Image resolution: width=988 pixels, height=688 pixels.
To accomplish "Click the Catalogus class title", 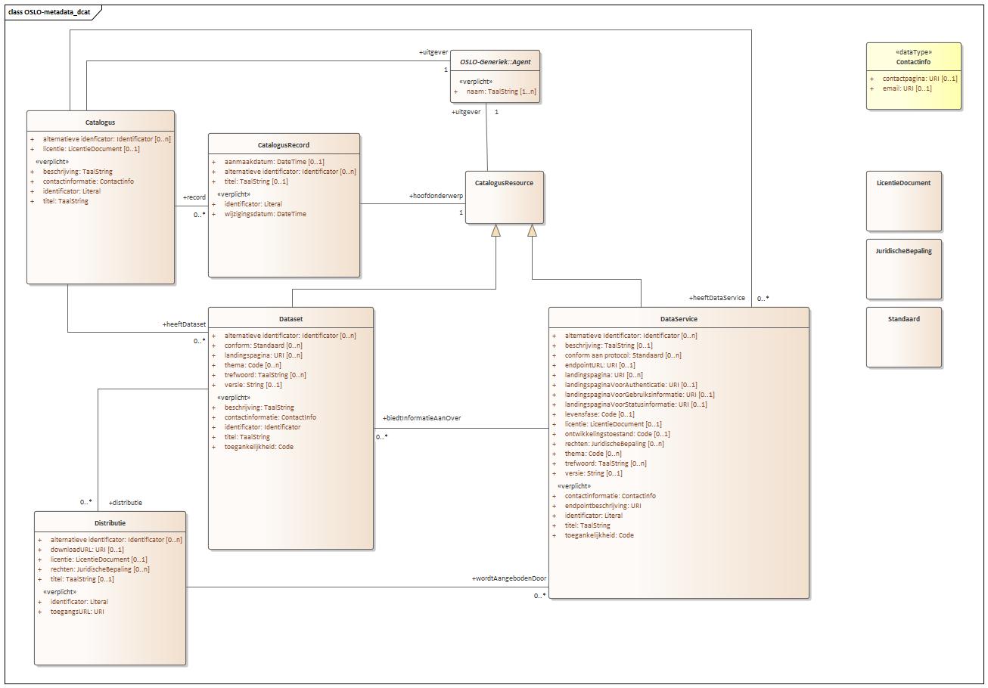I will point(100,122).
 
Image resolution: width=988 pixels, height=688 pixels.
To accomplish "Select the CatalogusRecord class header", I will point(284,145).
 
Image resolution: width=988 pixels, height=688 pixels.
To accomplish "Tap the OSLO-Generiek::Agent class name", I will point(496,62).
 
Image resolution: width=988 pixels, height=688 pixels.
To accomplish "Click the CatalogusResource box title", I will point(505,183).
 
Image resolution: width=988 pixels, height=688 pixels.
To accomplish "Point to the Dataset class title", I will point(290,319).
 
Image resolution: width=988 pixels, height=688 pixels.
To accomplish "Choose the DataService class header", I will point(679,319).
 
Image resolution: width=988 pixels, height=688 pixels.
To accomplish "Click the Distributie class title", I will point(110,523).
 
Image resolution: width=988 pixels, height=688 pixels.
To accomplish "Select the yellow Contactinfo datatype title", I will point(913,62).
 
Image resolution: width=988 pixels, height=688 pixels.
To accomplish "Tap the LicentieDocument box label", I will point(903,183).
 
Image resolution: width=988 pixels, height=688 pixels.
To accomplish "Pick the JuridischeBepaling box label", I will point(903,251).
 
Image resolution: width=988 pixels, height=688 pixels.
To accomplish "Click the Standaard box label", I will point(903,319).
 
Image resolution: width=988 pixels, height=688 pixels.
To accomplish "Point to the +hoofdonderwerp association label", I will point(436,196).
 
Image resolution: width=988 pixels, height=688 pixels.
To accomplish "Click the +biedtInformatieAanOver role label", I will point(421,418).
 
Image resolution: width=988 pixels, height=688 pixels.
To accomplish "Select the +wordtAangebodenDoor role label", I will point(508,578).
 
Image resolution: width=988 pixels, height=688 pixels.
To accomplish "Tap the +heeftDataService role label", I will point(716,298).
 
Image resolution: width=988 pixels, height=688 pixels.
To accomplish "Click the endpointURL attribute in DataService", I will point(600,365).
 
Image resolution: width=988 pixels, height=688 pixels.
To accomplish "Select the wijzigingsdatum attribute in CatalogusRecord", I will point(265,214).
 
